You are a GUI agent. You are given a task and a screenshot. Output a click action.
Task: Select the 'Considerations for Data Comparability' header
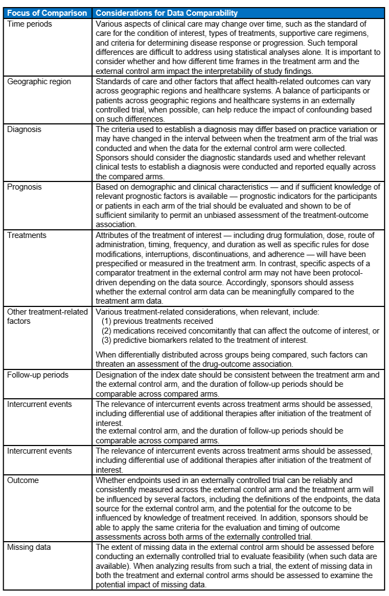tap(166, 13)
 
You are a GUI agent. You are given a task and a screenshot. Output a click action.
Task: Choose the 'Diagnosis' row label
tap(24, 130)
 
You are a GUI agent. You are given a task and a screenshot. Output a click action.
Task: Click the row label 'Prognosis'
tap(25, 187)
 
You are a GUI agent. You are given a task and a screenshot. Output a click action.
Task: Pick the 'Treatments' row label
tap(27, 235)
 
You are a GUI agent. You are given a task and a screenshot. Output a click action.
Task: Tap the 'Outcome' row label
tap(23, 480)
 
